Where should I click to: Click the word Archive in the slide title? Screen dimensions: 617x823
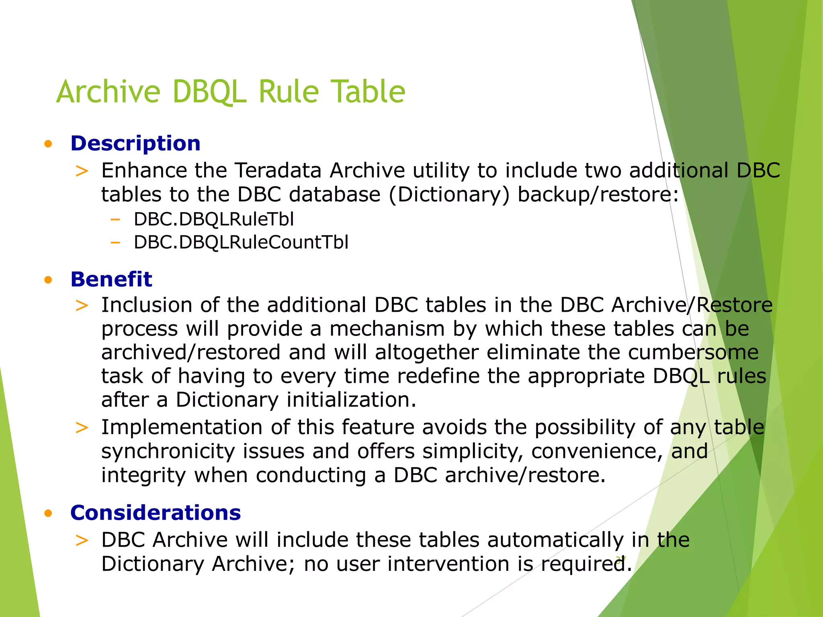click(x=109, y=92)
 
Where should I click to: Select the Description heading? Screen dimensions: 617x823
click(x=135, y=143)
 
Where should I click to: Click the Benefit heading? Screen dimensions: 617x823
click(x=111, y=279)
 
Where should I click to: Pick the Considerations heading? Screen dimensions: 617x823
click(x=156, y=513)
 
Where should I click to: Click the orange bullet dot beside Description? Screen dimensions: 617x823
click(x=49, y=144)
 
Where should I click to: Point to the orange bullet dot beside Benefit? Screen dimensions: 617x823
click(x=49, y=280)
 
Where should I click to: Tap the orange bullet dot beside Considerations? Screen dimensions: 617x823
click(x=49, y=513)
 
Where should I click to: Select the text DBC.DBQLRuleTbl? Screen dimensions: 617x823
click(x=214, y=219)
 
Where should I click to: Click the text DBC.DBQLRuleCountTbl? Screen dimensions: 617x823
click(x=241, y=242)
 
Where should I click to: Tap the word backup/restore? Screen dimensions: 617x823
click(x=598, y=194)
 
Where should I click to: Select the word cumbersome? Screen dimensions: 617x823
click(x=693, y=352)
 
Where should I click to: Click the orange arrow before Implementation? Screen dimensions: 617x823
click(x=82, y=428)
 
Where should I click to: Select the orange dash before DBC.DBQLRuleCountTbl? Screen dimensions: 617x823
click(x=115, y=242)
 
